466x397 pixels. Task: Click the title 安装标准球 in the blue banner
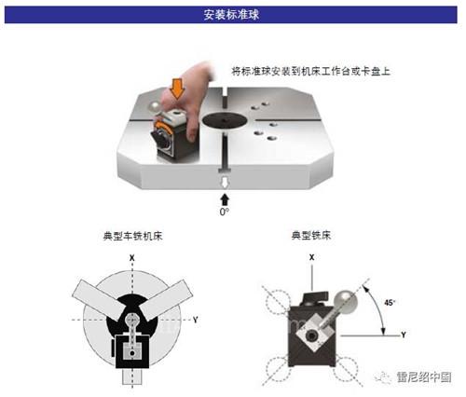[x=231, y=15]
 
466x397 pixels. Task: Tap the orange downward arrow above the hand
[x=177, y=89]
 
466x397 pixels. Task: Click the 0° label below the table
[x=225, y=212]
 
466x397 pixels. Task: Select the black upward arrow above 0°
[x=225, y=199]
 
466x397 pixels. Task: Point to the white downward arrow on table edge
[x=225, y=182]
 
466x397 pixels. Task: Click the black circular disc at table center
[x=225, y=120]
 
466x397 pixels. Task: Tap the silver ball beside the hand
[x=155, y=107]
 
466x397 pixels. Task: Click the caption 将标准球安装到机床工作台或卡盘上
[x=310, y=72]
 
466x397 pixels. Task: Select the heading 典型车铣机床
[x=132, y=236]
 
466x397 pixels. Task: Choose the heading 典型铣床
[x=311, y=235]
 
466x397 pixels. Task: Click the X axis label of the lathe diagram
[x=132, y=258]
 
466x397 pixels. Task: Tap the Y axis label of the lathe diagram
[x=196, y=320]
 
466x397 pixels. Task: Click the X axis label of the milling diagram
[x=311, y=257]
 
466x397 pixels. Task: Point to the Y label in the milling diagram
[x=404, y=335]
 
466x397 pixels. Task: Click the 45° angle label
[x=390, y=302]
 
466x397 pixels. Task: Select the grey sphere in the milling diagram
[x=346, y=302]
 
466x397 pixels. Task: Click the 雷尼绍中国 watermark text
[x=424, y=377]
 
